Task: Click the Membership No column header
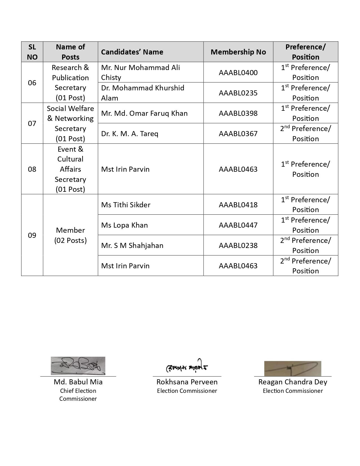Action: [x=238, y=52]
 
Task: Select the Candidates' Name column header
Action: [x=132, y=52]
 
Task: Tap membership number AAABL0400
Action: [x=238, y=73]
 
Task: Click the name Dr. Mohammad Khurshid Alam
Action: [x=143, y=93]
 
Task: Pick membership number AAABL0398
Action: [x=238, y=113]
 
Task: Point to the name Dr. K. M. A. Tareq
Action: [x=130, y=134]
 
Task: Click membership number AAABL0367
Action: [x=238, y=134]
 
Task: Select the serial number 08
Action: [x=32, y=169]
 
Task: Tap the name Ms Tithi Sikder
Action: [x=126, y=205]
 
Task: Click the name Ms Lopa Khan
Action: [x=125, y=225]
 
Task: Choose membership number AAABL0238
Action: [x=238, y=245]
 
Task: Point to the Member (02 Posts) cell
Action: [x=70, y=235]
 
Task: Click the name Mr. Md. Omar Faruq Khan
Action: [x=144, y=113]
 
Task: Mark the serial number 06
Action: [x=32, y=83]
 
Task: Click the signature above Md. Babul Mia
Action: [x=78, y=366]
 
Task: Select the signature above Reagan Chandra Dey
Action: [x=293, y=369]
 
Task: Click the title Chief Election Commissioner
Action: [x=78, y=395]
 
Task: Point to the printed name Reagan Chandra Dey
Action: [x=293, y=382]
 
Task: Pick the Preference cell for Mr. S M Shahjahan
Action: [x=305, y=245]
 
